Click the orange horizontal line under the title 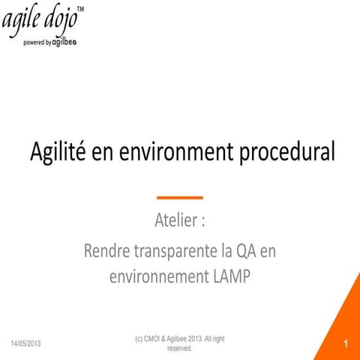tap(180, 197)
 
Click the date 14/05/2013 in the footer tap(26, 343)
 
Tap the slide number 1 tap(346, 343)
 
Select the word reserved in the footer tap(179, 349)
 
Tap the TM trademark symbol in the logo tap(81, 8)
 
